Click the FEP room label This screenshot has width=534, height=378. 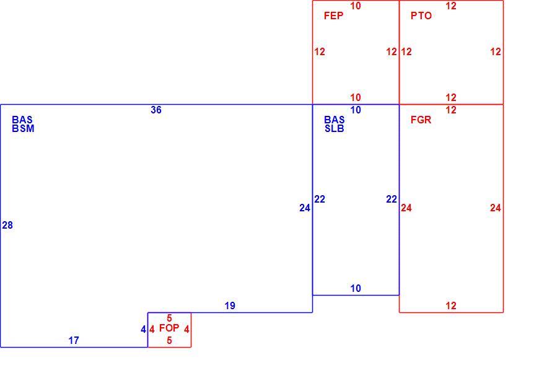pos(333,15)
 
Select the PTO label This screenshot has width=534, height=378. pos(421,15)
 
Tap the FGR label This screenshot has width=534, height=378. pos(421,120)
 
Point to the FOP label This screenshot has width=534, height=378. pos(169,328)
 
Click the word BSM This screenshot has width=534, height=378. pos(23,129)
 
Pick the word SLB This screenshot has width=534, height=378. pos(335,129)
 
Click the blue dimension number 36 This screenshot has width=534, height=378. pos(156,110)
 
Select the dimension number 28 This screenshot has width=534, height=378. pos(7,225)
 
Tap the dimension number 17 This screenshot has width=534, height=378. pos(74,340)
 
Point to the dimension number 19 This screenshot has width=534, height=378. pos(230,305)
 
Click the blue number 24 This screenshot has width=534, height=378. pos(305,208)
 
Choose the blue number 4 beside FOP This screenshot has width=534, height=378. pos(143,330)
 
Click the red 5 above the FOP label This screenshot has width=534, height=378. pos(169,319)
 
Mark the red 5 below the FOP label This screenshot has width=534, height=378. pos(169,340)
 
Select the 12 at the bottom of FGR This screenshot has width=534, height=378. pos(451,305)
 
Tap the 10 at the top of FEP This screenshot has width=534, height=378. pos(356,6)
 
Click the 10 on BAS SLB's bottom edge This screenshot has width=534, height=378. pos(356,288)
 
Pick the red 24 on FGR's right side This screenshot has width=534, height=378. pos(496,208)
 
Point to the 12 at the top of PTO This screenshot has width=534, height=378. pos(451,6)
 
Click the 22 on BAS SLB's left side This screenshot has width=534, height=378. pos(320,199)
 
